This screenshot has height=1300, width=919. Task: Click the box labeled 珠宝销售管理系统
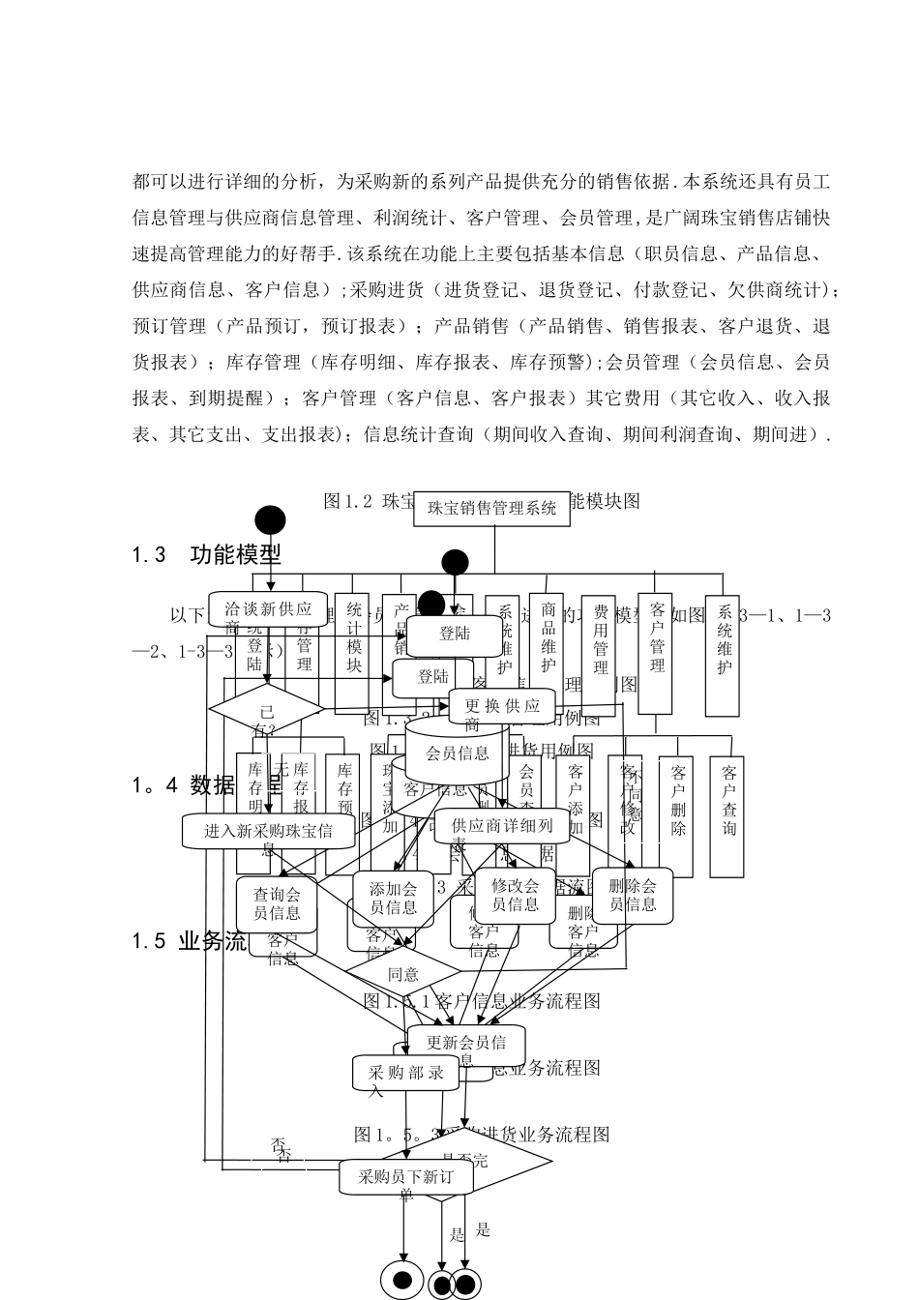click(x=491, y=507)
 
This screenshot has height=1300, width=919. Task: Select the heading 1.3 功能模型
click(x=207, y=555)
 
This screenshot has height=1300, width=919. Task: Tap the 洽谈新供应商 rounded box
click(x=268, y=610)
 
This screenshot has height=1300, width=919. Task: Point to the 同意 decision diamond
click(x=403, y=974)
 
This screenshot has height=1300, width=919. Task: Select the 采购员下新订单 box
click(x=405, y=1177)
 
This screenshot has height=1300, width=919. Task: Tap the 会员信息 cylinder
click(x=457, y=753)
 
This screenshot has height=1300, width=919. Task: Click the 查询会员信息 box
click(x=277, y=903)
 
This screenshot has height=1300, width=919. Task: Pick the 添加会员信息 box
click(x=395, y=897)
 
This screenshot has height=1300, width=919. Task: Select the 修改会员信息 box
click(x=515, y=895)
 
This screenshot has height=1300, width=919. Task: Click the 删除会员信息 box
click(x=633, y=895)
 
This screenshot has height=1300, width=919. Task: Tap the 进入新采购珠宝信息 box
click(x=268, y=831)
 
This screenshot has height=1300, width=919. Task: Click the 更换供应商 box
click(x=501, y=705)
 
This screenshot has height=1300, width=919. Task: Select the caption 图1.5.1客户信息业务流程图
click(x=482, y=1000)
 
